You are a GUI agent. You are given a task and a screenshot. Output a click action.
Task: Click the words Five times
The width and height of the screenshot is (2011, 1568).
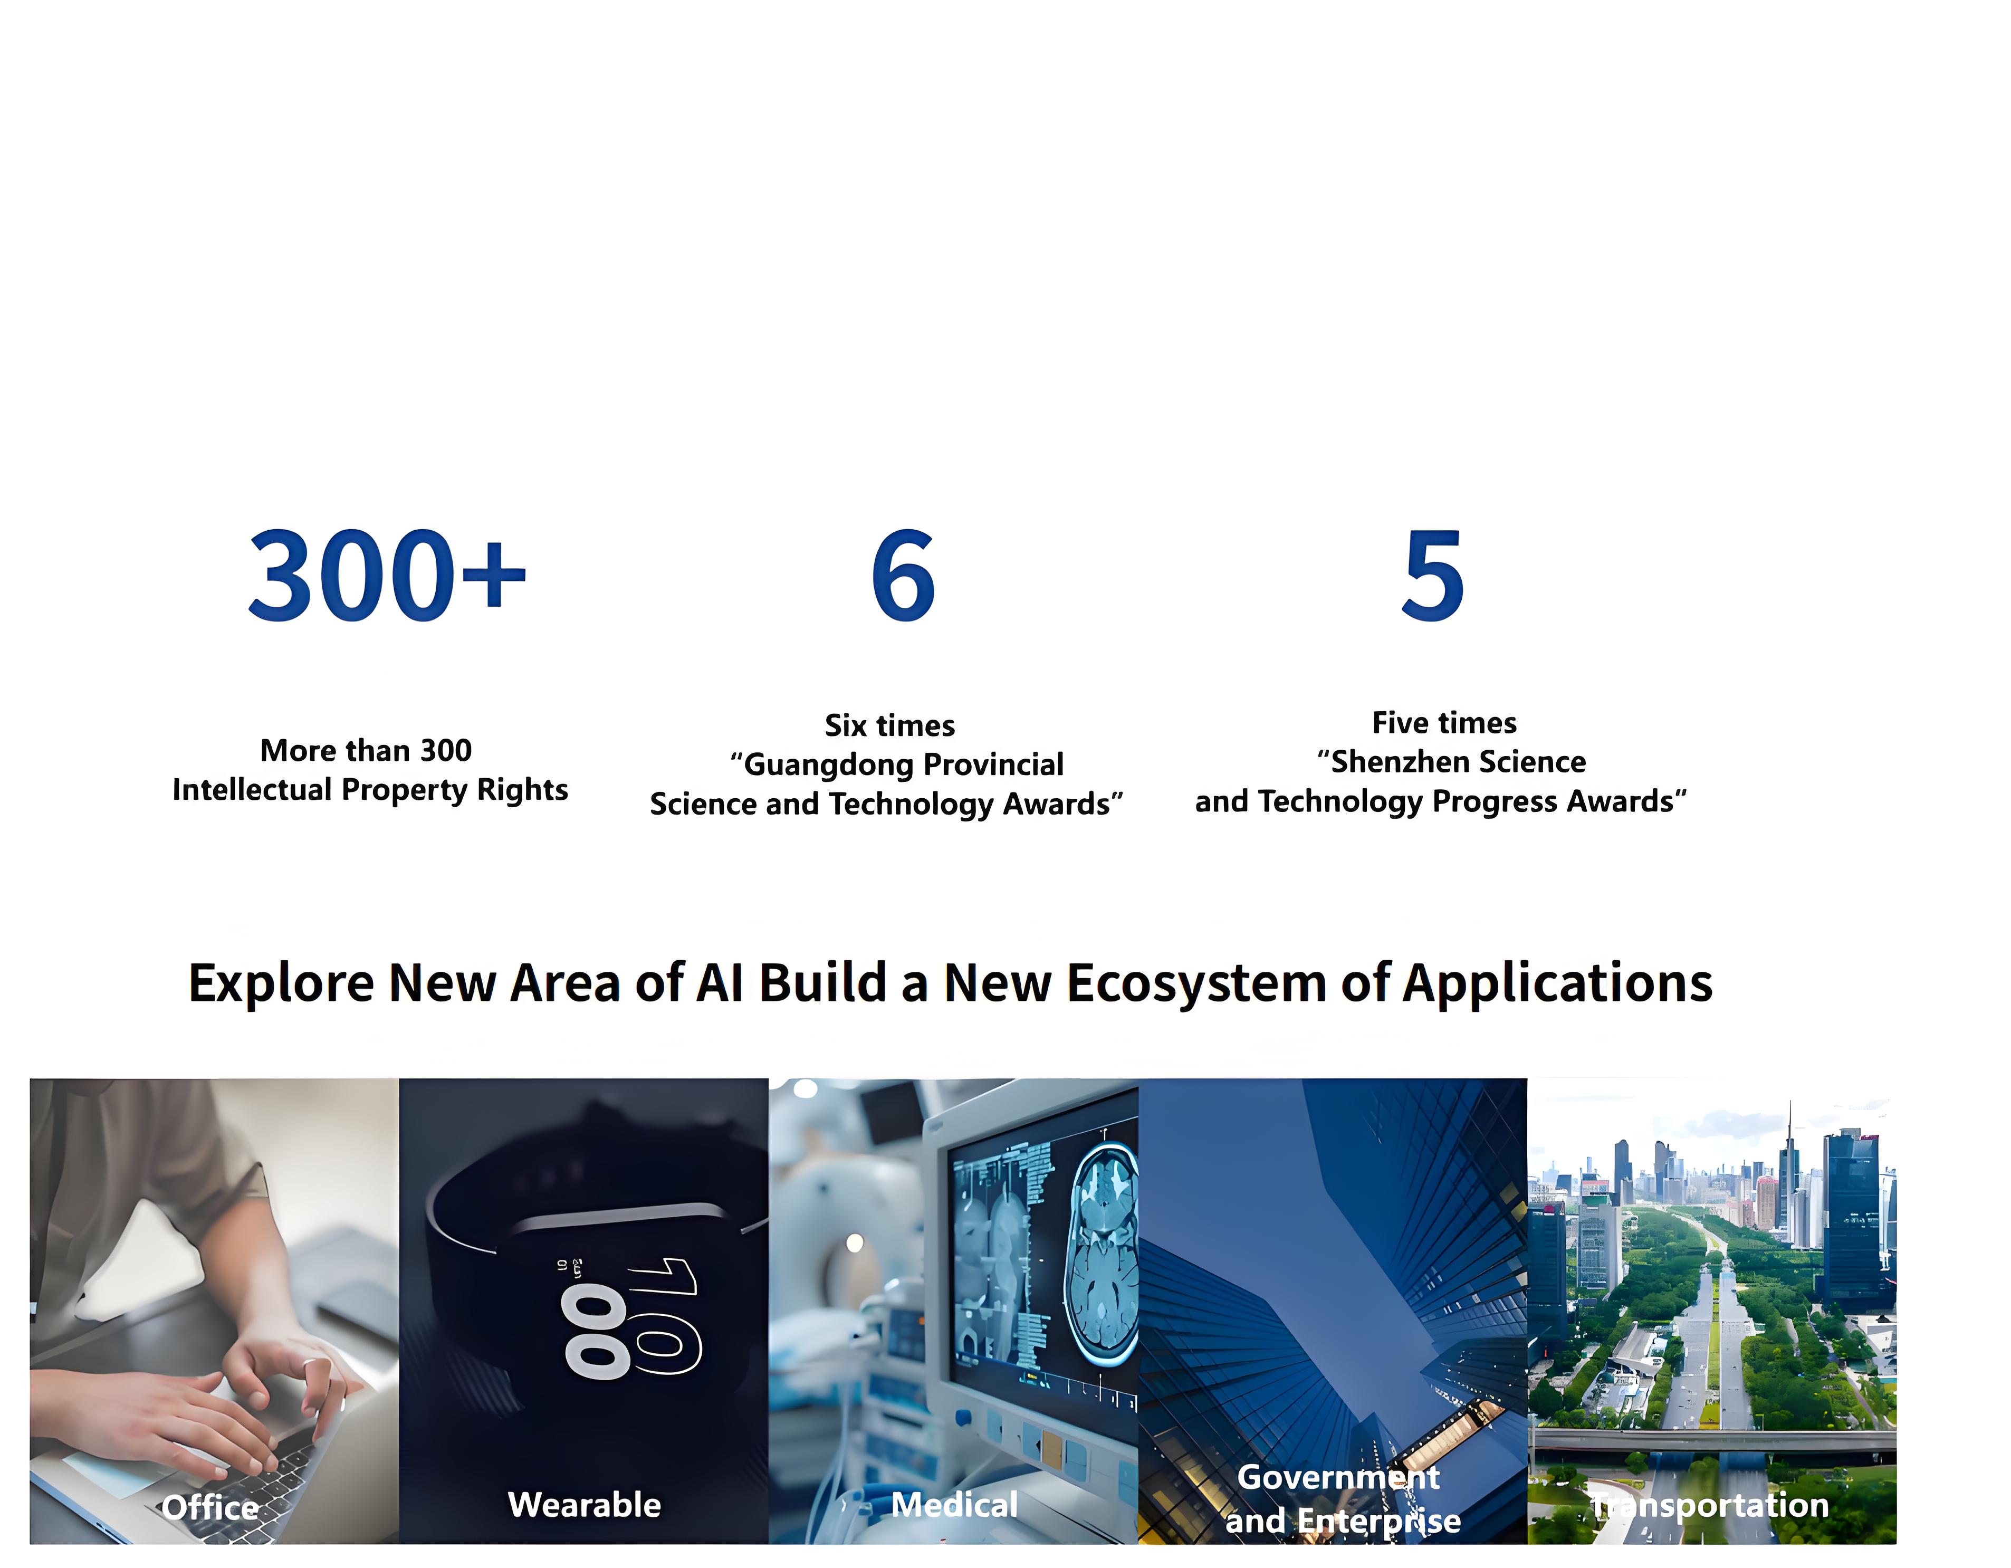pyautogui.click(x=1444, y=723)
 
